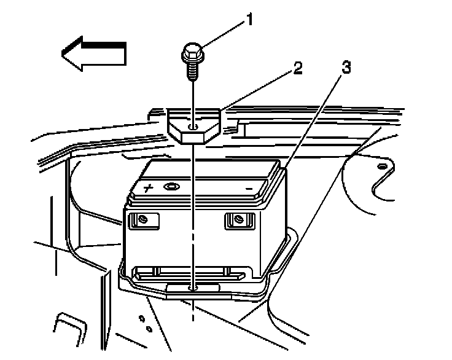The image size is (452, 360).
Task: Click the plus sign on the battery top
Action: click(148, 187)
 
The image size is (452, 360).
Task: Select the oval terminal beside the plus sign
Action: click(171, 186)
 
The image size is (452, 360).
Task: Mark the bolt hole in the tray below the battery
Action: click(193, 287)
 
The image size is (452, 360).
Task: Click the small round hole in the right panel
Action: click(382, 166)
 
